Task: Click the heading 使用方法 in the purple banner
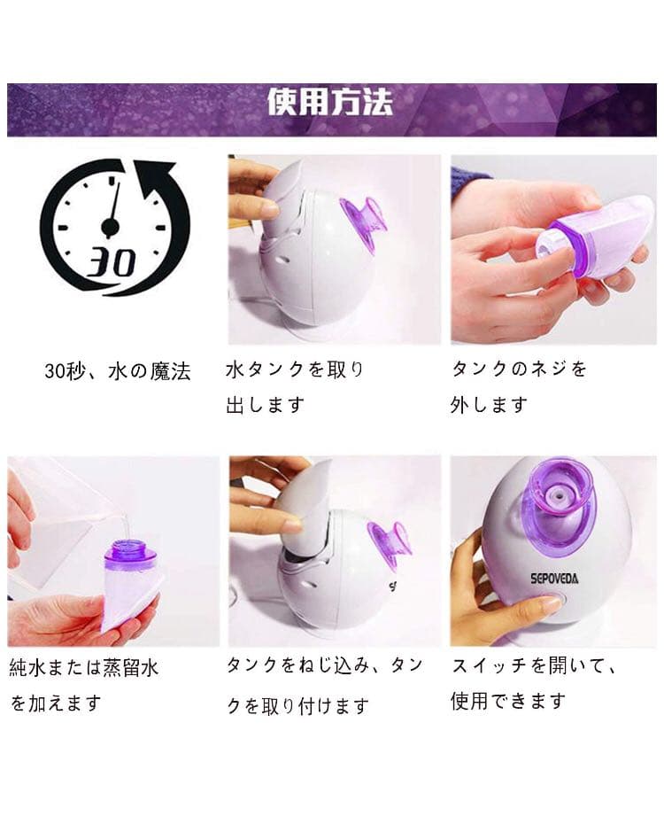coord(330,104)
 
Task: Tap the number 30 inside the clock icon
coord(112,262)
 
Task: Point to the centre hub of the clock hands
coord(110,228)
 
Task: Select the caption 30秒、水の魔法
coord(118,371)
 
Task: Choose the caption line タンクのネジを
coord(519,369)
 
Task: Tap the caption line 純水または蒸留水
coord(84,667)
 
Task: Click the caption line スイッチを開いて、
coord(533,665)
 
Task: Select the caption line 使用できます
coord(508,702)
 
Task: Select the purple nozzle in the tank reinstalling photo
coord(389,543)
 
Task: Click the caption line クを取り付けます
coord(297,706)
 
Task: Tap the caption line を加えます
coord(56,704)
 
